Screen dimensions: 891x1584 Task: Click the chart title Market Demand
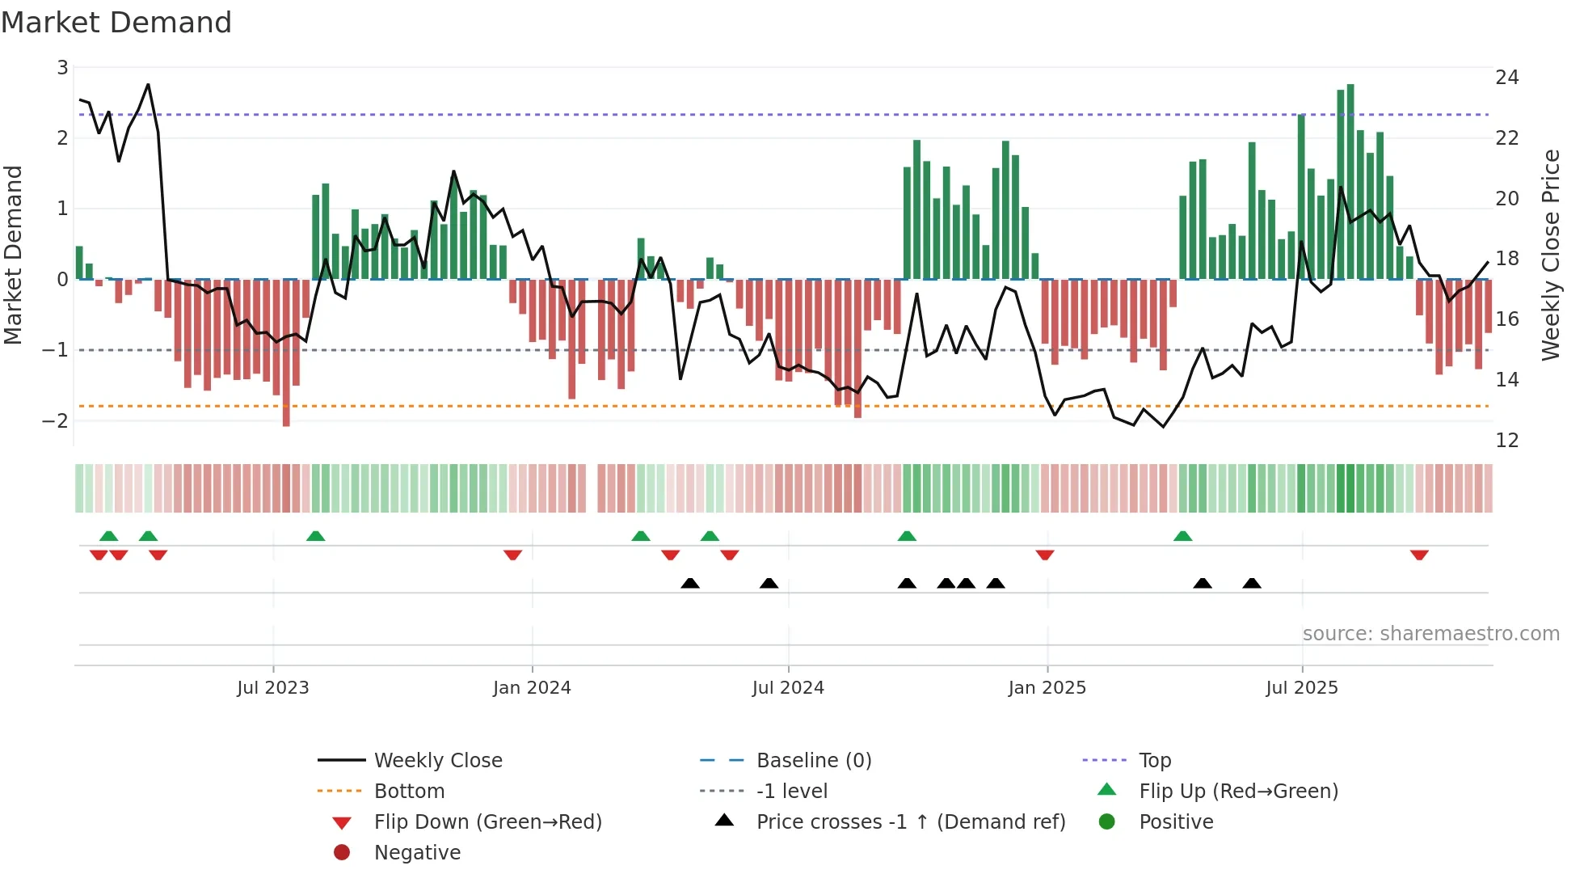click(116, 23)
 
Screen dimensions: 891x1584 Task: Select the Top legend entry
click(1154, 760)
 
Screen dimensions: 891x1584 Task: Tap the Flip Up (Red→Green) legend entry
click(1238, 791)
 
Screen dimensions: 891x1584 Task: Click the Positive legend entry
click(1176, 821)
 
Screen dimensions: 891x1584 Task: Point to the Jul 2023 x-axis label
click(273, 687)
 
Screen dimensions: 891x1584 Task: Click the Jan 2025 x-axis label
click(1047, 687)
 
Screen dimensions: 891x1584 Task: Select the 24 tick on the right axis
click(1506, 78)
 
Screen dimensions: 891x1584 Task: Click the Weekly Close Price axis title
click(1550, 255)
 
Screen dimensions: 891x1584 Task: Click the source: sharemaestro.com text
click(1430, 633)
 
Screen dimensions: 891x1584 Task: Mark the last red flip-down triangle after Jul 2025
click(1419, 555)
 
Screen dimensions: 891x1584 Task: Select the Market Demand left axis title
click(13, 255)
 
